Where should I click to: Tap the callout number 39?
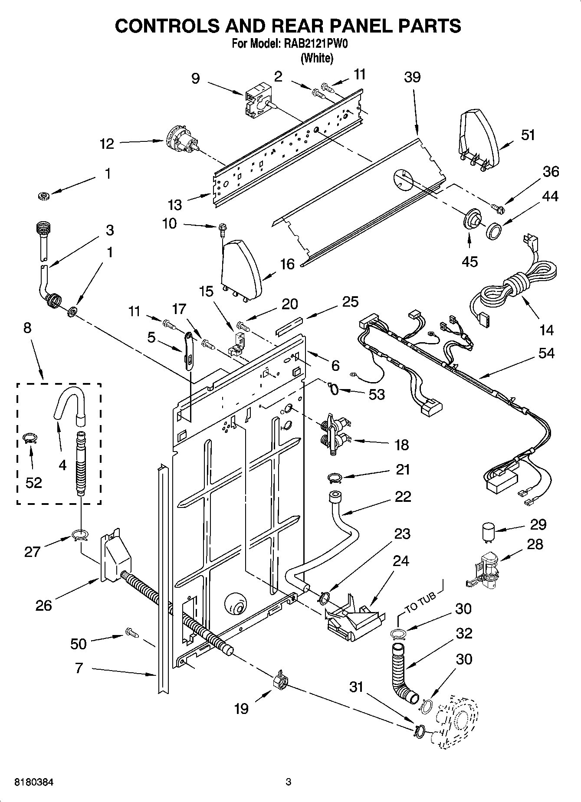(x=412, y=77)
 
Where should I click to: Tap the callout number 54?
(x=546, y=353)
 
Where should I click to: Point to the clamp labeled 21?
(x=335, y=478)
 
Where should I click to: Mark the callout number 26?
(x=43, y=605)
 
